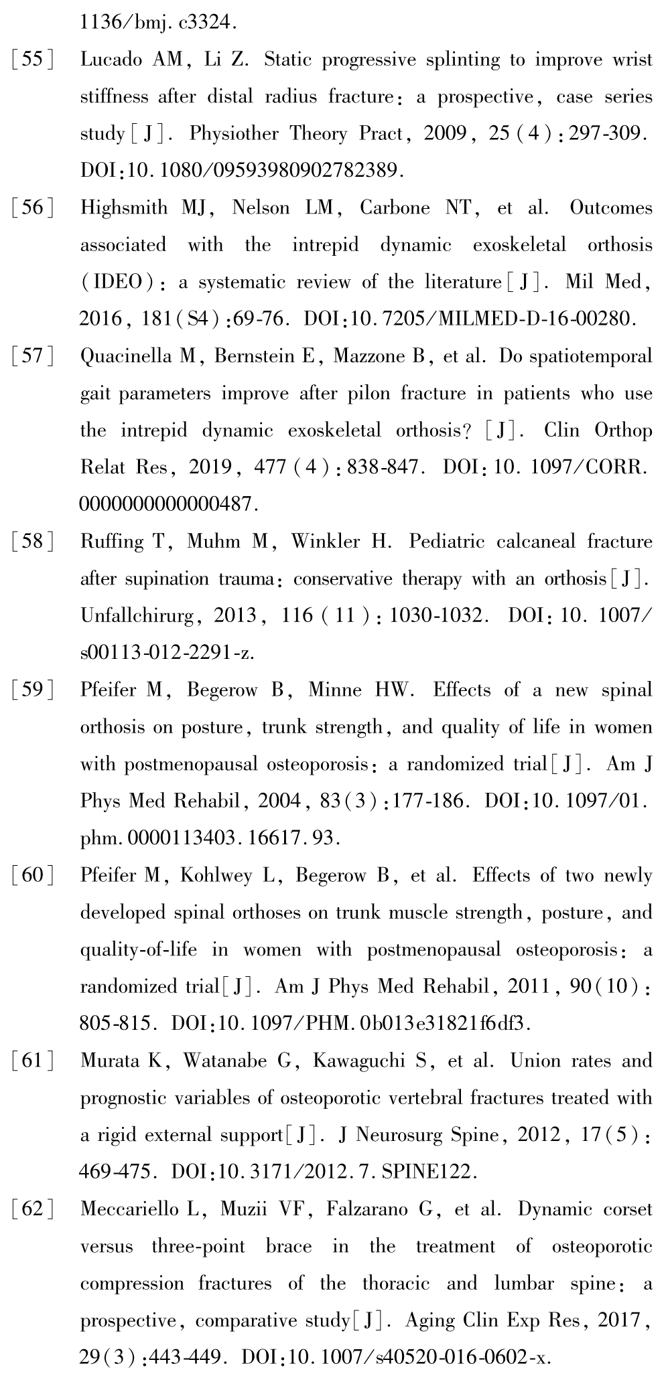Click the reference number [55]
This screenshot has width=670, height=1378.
point(32,60)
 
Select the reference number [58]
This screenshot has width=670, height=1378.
point(32,542)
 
